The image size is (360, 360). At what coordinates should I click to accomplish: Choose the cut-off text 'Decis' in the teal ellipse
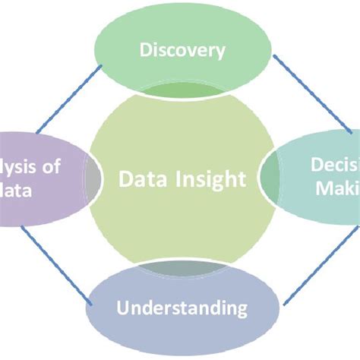tap(333, 166)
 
